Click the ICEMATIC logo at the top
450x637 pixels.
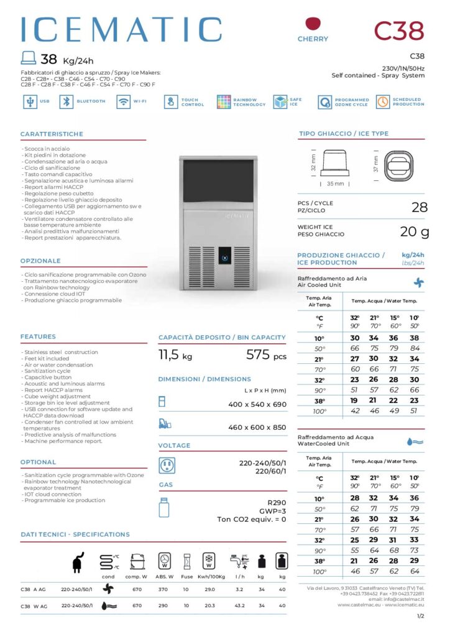(121, 30)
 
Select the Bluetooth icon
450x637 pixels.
(65, 101)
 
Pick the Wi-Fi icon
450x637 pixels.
(123, 101)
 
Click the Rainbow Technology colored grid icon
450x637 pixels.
(224, 101)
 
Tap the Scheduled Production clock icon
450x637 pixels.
(383, 101)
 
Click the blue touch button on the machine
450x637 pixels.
(225, 255)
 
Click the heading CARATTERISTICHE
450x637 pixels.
(52, 134)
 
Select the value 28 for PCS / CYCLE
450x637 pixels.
(420, 207)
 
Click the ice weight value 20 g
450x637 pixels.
(415, 232)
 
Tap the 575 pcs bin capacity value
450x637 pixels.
(267, 356)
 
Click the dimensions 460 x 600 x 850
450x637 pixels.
(257, 427)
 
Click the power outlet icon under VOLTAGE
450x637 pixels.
(166, 465)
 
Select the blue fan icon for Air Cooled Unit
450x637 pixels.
(418, 282)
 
